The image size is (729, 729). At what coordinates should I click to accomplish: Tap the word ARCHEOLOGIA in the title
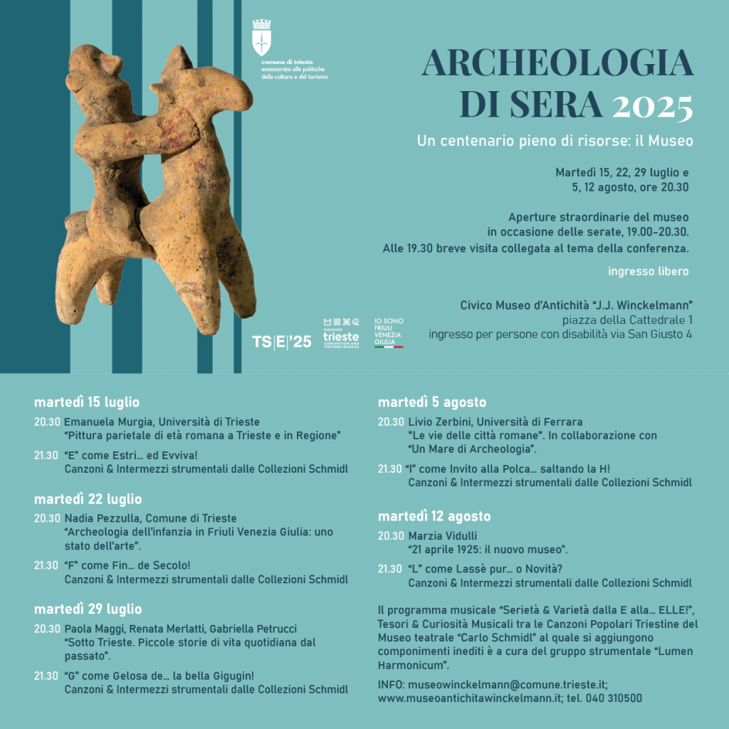click(557, 64)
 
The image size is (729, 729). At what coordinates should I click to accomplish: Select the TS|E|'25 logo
click(282, 342)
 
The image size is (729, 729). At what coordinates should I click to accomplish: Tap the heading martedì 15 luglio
click(86, 402)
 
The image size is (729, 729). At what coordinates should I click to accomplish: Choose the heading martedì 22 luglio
click(88, 499)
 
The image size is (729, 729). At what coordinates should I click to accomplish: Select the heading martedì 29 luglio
click(88, 609)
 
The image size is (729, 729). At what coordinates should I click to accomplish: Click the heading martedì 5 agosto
click(432, 402)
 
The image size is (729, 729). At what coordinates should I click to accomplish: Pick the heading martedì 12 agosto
click(434, 516)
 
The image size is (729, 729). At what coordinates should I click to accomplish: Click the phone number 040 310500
click(614, 698)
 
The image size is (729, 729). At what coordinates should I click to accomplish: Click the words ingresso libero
click(649, 271)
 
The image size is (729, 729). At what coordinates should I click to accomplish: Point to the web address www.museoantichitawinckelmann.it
click(470, 698)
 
